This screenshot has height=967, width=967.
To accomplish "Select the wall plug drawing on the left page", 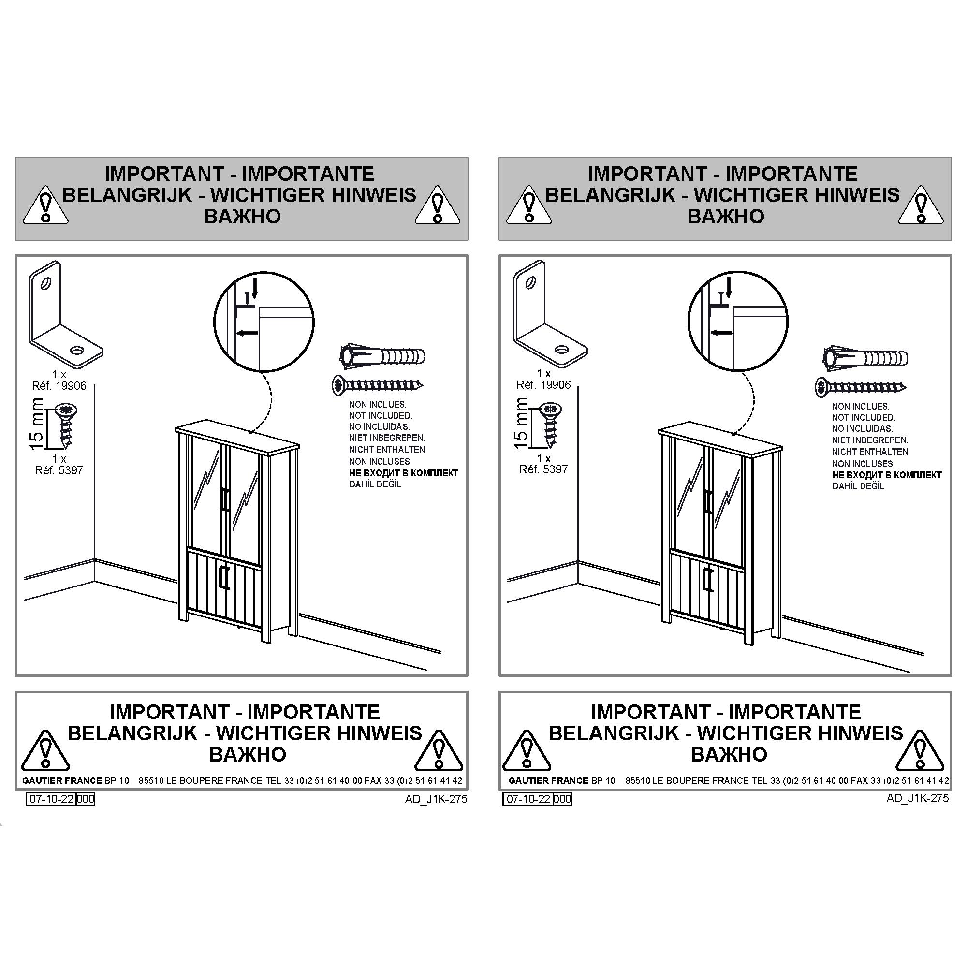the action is (x=382, y=357).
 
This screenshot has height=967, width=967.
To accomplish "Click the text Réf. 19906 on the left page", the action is (x=59, y=386).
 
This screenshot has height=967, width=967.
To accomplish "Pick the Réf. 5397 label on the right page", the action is (x=543, y=469).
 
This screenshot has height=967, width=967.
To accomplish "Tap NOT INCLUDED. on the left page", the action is (x=381, y=415).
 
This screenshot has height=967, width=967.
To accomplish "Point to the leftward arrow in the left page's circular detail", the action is (x=247, y=333).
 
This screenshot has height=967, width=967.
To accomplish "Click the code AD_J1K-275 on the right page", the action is (x=918, y=798).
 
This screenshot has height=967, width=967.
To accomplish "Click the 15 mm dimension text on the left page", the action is (x=37, y=425).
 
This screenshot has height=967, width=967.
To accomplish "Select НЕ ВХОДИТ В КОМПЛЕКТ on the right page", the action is (x=887, y=475).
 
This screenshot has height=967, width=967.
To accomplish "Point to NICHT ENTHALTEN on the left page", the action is (x=387, y=450).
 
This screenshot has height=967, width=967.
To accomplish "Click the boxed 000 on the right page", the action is (x=562, y=799).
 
